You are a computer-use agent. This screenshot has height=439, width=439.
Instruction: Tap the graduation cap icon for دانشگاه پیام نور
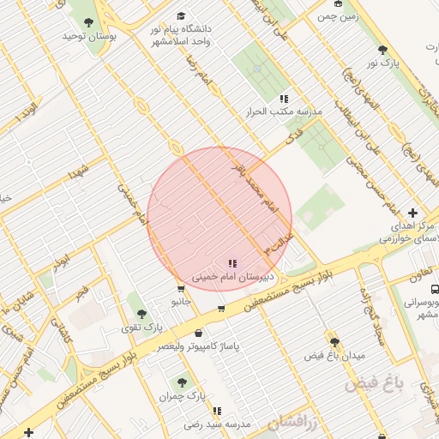(x=180, y=16)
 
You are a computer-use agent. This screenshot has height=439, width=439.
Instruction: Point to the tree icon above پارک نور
(x=383, y=49)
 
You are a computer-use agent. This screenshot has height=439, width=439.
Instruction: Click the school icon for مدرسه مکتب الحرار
(x=283, y=99)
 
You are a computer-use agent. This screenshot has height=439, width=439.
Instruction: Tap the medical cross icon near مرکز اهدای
(x=413, y=213)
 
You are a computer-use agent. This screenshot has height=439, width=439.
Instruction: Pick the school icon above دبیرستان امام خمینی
(x=232, y=263)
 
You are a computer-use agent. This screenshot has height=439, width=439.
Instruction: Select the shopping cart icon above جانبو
(x=180, y=289)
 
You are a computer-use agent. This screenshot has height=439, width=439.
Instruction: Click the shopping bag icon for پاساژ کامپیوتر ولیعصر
(x=199, y=333)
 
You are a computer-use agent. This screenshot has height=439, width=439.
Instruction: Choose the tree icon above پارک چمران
(x=181, y=382)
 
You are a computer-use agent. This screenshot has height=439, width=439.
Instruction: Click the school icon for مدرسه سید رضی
(x=217, y=411)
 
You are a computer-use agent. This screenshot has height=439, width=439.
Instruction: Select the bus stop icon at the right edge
(x=435, y=289)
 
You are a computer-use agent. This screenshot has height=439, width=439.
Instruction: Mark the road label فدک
(x=294, y=136)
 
